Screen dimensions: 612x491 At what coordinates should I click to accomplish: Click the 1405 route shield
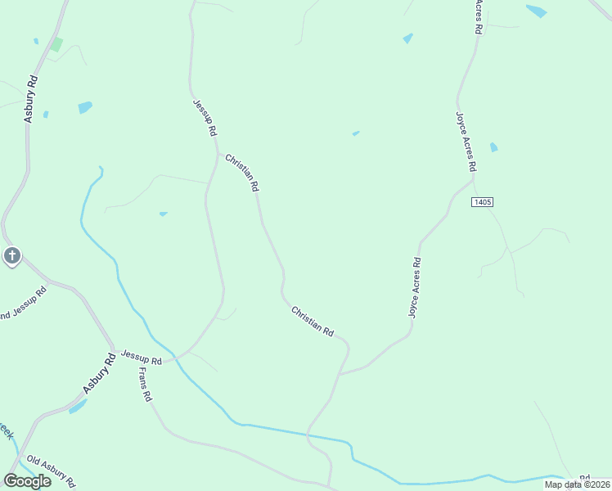pyautogui.click(x=482, y=202)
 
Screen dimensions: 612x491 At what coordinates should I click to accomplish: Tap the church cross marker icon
pyautogui.click(x=11, y=256)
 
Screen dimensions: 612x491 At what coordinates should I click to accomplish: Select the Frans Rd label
pyautogui.click(x=145, y=384)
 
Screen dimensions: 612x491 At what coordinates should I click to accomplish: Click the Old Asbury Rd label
pyautogui.click(x=51, y=470)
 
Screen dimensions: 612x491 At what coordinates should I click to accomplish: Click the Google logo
pyautogui.click(x=27, y=481)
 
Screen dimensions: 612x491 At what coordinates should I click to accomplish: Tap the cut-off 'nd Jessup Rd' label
pyautogui.click(x=23, y=304)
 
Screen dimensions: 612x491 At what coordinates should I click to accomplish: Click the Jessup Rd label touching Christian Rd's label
pyautogui.click(x=205, y=118)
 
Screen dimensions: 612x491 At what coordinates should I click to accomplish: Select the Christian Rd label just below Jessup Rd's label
pyautogui.click(x=242, y=173)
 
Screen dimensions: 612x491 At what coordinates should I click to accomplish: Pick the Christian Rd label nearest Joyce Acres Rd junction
pyautogui.click(x=313, y=321)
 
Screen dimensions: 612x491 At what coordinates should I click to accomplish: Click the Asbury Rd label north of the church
pyautogui.click(x=31, y=99)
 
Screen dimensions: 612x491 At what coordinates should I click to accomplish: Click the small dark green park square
pyautogui.click(x=56, y=44)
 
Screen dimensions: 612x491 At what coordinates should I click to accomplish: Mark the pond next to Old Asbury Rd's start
pyautogui.click(x=77, y=406)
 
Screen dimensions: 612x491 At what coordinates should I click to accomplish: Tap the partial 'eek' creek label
pyautogui.click(x=7, y=430)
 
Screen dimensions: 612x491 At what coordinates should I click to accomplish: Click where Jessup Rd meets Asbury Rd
pyautogui.click(x=115, y=349)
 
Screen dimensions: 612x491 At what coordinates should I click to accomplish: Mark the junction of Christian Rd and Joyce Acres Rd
pyautogui.click(x=340, y=373)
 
